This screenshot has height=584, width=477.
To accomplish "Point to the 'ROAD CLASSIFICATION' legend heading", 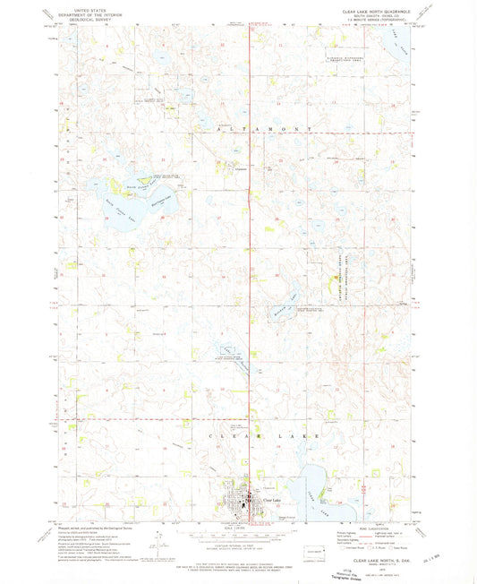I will (369, 527).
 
